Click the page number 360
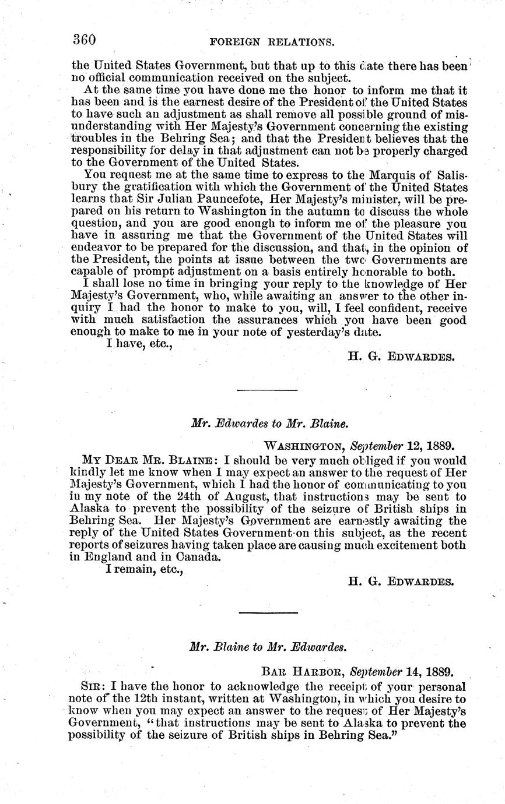(84, 39)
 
